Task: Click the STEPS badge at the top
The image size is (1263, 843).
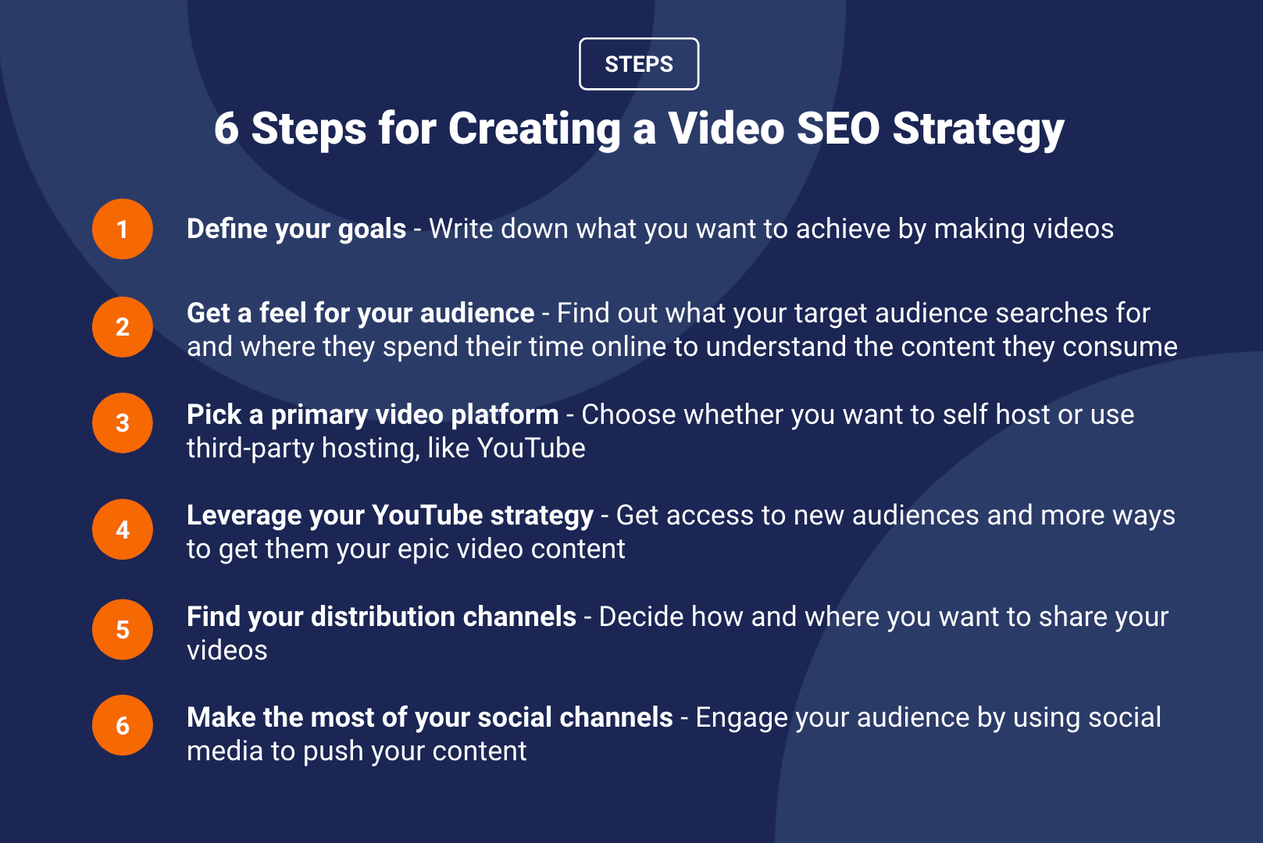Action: click(x=639, y=64)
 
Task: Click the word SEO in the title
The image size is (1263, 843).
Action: click(x=838, y=129)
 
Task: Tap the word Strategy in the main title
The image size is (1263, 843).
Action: click(x=978, y=130)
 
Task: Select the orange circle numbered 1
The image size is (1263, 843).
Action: click(x=123, y=229)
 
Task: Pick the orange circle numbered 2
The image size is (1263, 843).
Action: click(x=123, y=327)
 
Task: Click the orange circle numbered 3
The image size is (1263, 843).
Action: click(x=123, y=422)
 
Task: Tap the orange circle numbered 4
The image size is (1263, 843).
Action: click(x=123, y=529)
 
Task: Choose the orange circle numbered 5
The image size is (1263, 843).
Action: click(x=123, y=629)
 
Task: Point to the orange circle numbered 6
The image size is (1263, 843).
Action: click(x=123, y=725)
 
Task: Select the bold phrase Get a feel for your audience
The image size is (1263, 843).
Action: click(x=360, y=314)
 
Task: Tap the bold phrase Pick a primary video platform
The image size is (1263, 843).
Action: click(x=373, y=415)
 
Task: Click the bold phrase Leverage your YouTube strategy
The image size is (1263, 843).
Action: click(x=391, y=516)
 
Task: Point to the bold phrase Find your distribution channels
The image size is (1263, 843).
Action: click(x=381, y=617)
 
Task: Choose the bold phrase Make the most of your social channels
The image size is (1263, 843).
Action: click(x=430, y=718)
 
